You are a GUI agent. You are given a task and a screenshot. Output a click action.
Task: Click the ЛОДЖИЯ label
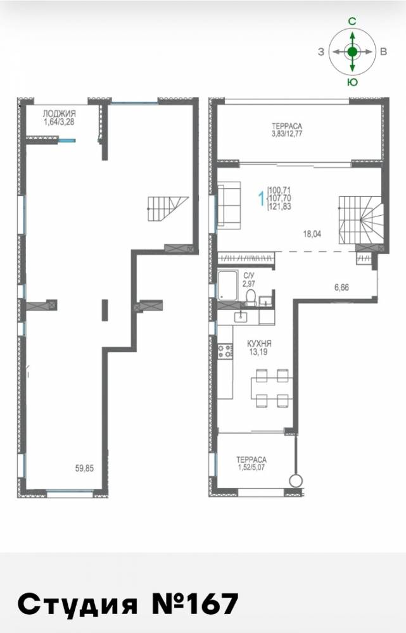pyautogui.click(x=59, y=114)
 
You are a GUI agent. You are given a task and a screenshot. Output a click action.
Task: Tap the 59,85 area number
pyautogui.click(x=84, y=468)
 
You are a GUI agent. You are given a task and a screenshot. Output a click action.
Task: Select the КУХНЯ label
pyautogui.click(x=259, y=344)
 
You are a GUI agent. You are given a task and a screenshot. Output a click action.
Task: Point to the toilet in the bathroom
pyautogui.click(x=251, y=298)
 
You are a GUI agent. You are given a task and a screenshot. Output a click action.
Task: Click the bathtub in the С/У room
pyautogui.click(x=230, y=286)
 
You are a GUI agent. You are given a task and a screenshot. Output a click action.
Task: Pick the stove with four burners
pyautogui.click(x=225, y=351)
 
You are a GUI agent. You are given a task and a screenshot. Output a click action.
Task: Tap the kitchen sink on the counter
pyautogui.click(x=241, y=316)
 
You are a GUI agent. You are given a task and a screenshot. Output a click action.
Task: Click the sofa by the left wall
pyautogui.click(x=229, y=206)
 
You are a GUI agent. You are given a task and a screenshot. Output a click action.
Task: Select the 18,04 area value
pyautogui.click(x=312, y=234)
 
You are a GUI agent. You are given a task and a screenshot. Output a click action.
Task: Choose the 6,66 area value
pyautogui.click(x=341, y=287)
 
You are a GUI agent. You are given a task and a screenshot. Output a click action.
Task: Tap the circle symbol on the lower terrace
pyautogui.click(x=296, y=481)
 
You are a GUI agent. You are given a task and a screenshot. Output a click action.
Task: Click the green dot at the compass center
pyautogui.click(x=352, y=52)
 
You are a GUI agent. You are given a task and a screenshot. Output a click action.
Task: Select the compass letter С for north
pyautogui.click(x=352, y=22)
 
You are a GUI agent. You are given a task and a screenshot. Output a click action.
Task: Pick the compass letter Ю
pyautogui.click(x=352, y=82)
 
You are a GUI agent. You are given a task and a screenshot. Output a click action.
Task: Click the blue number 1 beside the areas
pyautogui.click(x=262, y=198)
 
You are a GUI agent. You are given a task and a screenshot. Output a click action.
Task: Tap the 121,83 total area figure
pyautogui.click(x=279, y=206)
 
